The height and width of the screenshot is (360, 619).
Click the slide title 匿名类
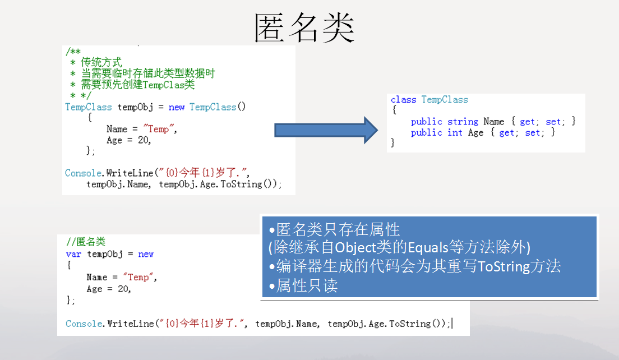(304, 27)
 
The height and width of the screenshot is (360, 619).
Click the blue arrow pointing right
(326, 130)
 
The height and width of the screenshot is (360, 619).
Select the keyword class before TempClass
(404, 99)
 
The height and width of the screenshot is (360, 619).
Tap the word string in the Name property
(463, 122)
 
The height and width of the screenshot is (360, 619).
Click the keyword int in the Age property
(455, 133)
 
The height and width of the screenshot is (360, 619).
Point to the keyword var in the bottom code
(74, 254)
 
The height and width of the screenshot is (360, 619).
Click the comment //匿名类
(86, 242)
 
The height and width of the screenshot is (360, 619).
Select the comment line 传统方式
(101, 62)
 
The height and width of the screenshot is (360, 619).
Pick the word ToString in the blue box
(503, 266)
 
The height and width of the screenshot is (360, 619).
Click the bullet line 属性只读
(303, 285)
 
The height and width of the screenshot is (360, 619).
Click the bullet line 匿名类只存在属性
(334, 229)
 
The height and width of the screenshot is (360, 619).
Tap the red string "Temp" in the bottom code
(138, 277)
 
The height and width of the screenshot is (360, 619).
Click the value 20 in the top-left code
(143, 140)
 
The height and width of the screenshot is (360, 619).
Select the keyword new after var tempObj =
(146, 254)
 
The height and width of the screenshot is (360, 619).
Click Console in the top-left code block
(84, 173)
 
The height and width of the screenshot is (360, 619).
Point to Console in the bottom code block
(84, 324)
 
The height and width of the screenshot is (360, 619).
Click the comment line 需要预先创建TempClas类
(138, 85)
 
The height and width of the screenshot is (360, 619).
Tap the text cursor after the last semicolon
(452, 324)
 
